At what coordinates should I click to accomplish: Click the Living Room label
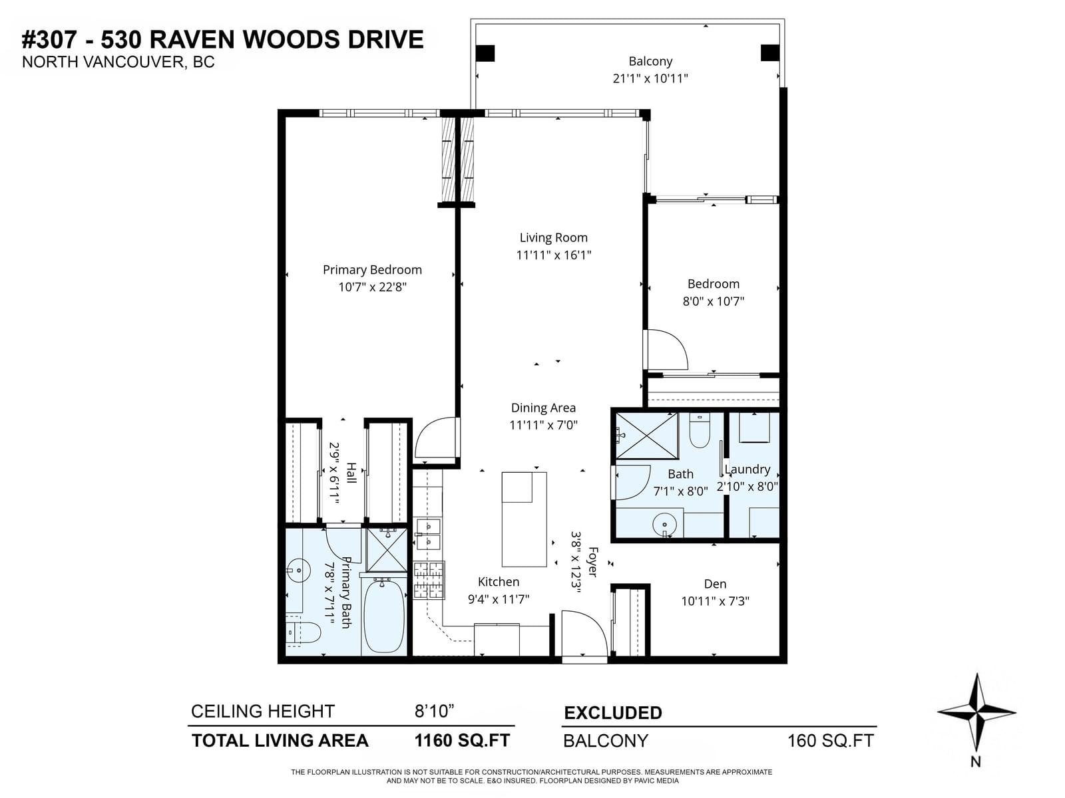[x=553, y=238]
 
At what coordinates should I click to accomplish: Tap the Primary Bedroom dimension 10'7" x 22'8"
[x=372, y=287]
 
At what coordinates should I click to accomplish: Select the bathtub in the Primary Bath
[x=384, y=616]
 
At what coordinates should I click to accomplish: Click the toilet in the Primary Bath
[x=304, y=632]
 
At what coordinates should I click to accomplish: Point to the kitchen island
[x=524, y=519]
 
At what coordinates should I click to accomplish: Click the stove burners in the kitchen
[x=429, y=581]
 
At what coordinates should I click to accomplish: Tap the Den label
[x=715, y=584]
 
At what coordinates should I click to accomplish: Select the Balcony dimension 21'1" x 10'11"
[x=650, y=78]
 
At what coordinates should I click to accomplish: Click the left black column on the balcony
[x=485, y=53]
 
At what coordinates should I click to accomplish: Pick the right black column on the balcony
[x=769, y=53]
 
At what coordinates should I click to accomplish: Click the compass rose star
[x=976, y=712]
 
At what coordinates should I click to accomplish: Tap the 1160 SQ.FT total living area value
[x=462, y=740]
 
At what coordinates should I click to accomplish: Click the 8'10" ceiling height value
[x=434, y=711]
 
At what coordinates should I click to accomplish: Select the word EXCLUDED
[x=613, y=713]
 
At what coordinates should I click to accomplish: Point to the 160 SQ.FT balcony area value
[x=830, y=741]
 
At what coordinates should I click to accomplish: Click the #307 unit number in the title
[x=49, y=39]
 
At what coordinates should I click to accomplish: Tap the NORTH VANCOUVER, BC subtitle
[x=118, y=63]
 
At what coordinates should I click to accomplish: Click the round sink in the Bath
[x=665, y=524]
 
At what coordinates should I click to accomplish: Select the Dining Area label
[x=543, y=408]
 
